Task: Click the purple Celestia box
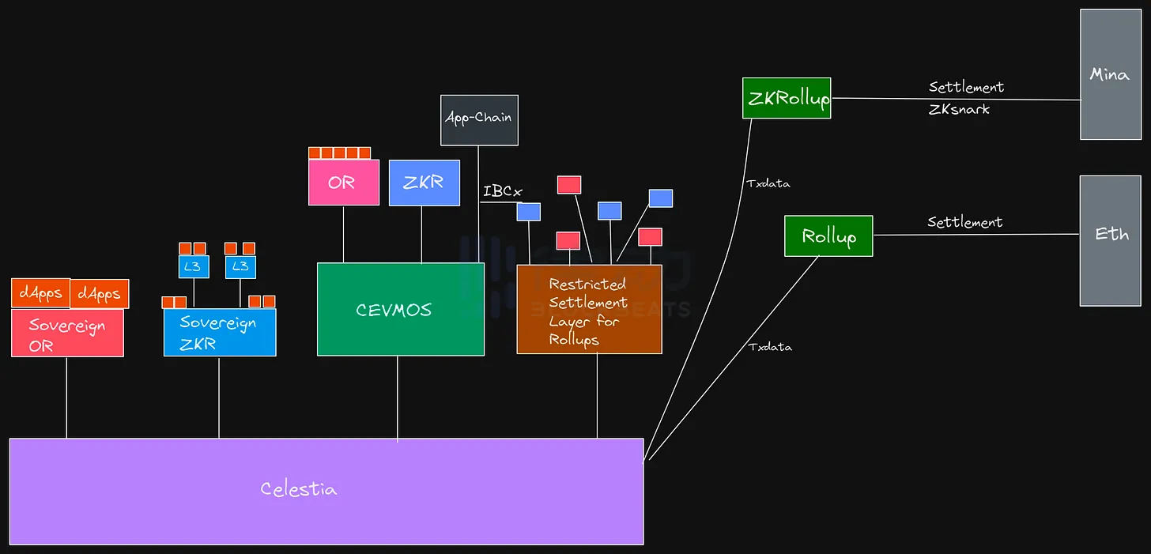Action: [326, 491]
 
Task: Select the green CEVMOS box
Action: [400, 309]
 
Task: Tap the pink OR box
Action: [343, 183]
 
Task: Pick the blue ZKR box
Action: [424, 183]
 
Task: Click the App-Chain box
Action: [479, 120]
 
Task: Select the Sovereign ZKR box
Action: [219, 332]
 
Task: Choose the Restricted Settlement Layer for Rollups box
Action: [589, 309]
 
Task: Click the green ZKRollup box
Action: [787, 98]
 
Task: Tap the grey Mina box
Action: [1110, 74]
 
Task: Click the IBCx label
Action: [503, 191]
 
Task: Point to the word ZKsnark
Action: [959, 110]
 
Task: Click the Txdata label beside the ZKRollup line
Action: [768, 183]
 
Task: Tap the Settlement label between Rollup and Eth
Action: [964, 223]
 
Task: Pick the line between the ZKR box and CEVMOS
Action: [421, 235]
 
